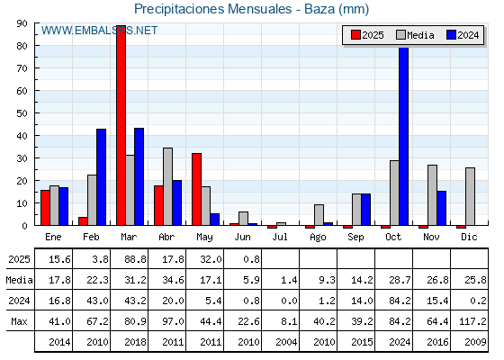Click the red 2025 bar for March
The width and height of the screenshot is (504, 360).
(121, 125)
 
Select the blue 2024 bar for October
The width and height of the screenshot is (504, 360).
(404, 136)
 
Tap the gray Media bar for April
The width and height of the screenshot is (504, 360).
(167, 186)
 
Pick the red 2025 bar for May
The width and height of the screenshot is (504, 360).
(197, 189)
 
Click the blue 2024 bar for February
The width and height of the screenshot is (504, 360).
(101, 177)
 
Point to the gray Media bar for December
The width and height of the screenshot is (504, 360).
(470, 196)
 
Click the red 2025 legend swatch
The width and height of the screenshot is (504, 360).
(355, 35)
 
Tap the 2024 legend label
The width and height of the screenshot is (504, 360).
(468, 35)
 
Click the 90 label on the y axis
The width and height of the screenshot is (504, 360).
(22, 23)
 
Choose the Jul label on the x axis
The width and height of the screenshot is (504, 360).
(280, 237)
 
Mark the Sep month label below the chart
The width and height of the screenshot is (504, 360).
(355, 238)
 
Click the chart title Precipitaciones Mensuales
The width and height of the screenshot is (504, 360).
(212, 9)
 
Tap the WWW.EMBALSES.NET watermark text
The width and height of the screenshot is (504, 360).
(99, 31)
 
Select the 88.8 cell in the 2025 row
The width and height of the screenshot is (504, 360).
(135, 259)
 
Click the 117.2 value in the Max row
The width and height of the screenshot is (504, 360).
(472, 321)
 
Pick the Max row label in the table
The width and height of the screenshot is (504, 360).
(19, 321)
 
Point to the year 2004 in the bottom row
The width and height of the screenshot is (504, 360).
(286, 342)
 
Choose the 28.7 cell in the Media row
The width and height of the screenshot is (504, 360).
(400, 280)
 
